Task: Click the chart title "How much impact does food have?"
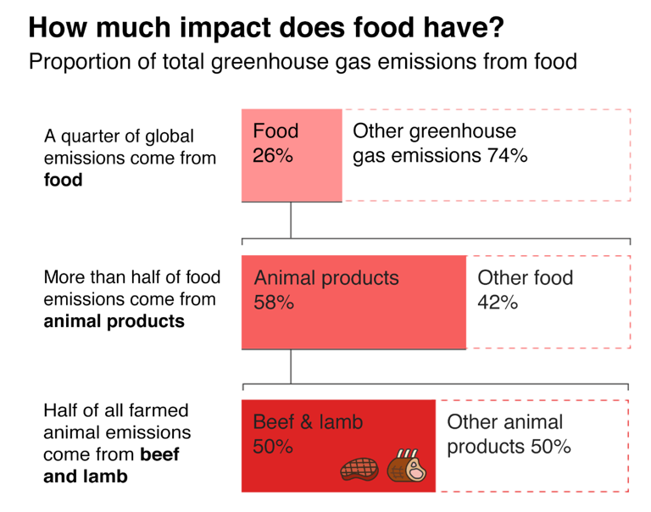coord(267,28)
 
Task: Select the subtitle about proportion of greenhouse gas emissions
coord(303,62)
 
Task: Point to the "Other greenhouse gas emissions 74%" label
coord(440,143)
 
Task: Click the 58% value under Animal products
coord(274,303)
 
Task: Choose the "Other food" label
coord(526,278)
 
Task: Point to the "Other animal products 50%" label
coord(509,434)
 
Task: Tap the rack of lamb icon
coord(407,468)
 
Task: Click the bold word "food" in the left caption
coord(63,180)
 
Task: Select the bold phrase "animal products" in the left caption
coord(113,321)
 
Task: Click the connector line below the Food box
coord(291,220)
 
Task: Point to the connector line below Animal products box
coord(291,366)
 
